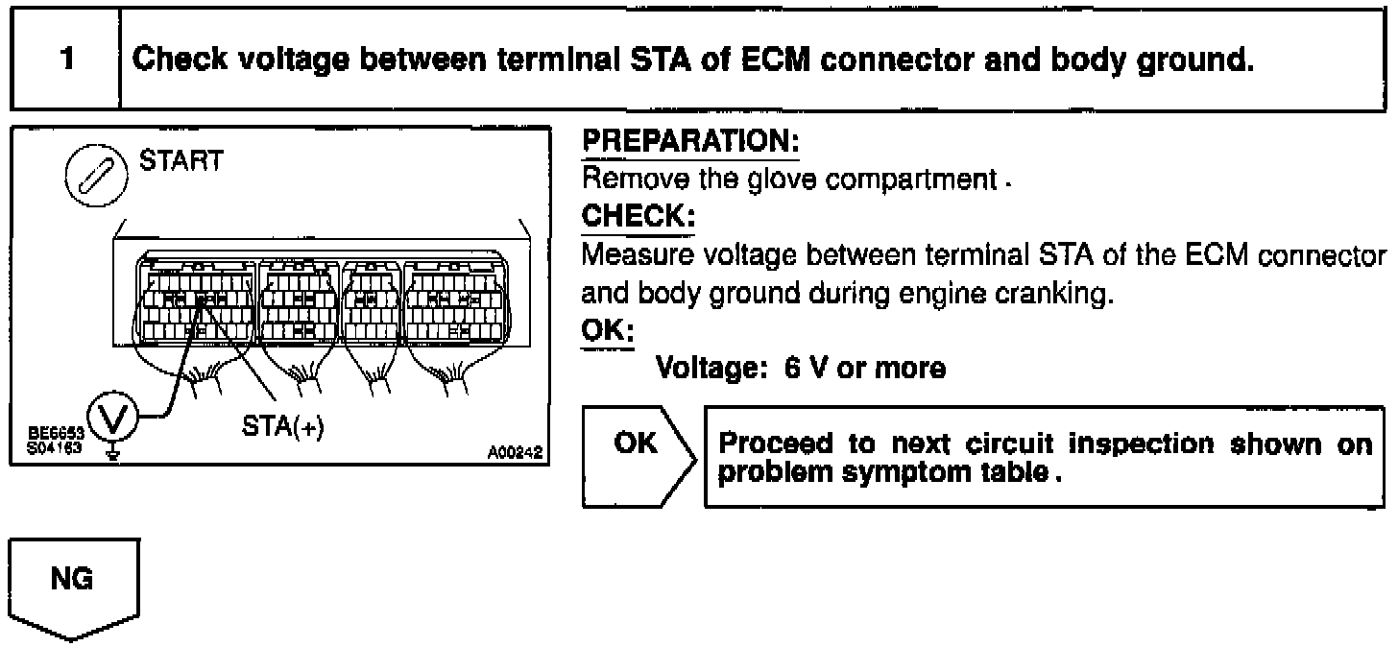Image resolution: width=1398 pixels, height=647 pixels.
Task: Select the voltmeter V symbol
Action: [113, 418]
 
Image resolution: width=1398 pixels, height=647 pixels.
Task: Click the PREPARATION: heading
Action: [691, 142]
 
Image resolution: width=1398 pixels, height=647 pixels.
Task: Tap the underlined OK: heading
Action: [602, 330]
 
